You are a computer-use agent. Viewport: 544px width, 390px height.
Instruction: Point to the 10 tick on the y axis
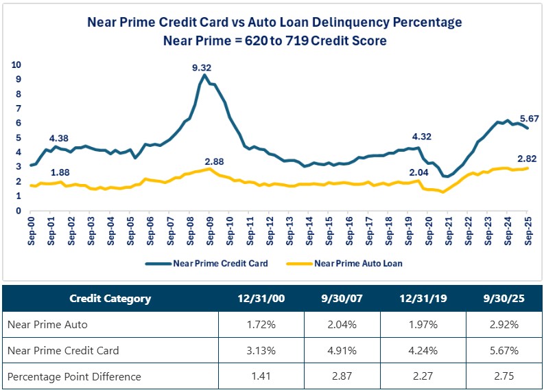[17, 65]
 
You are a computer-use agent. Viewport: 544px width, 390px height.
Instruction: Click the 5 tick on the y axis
[19, 138]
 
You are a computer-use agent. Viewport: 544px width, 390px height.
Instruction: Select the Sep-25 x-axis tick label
[528, 230]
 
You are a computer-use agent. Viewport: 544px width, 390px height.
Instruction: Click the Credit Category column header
[110, 299]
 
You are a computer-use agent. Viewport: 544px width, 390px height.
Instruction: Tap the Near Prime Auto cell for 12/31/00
[257, 325]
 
